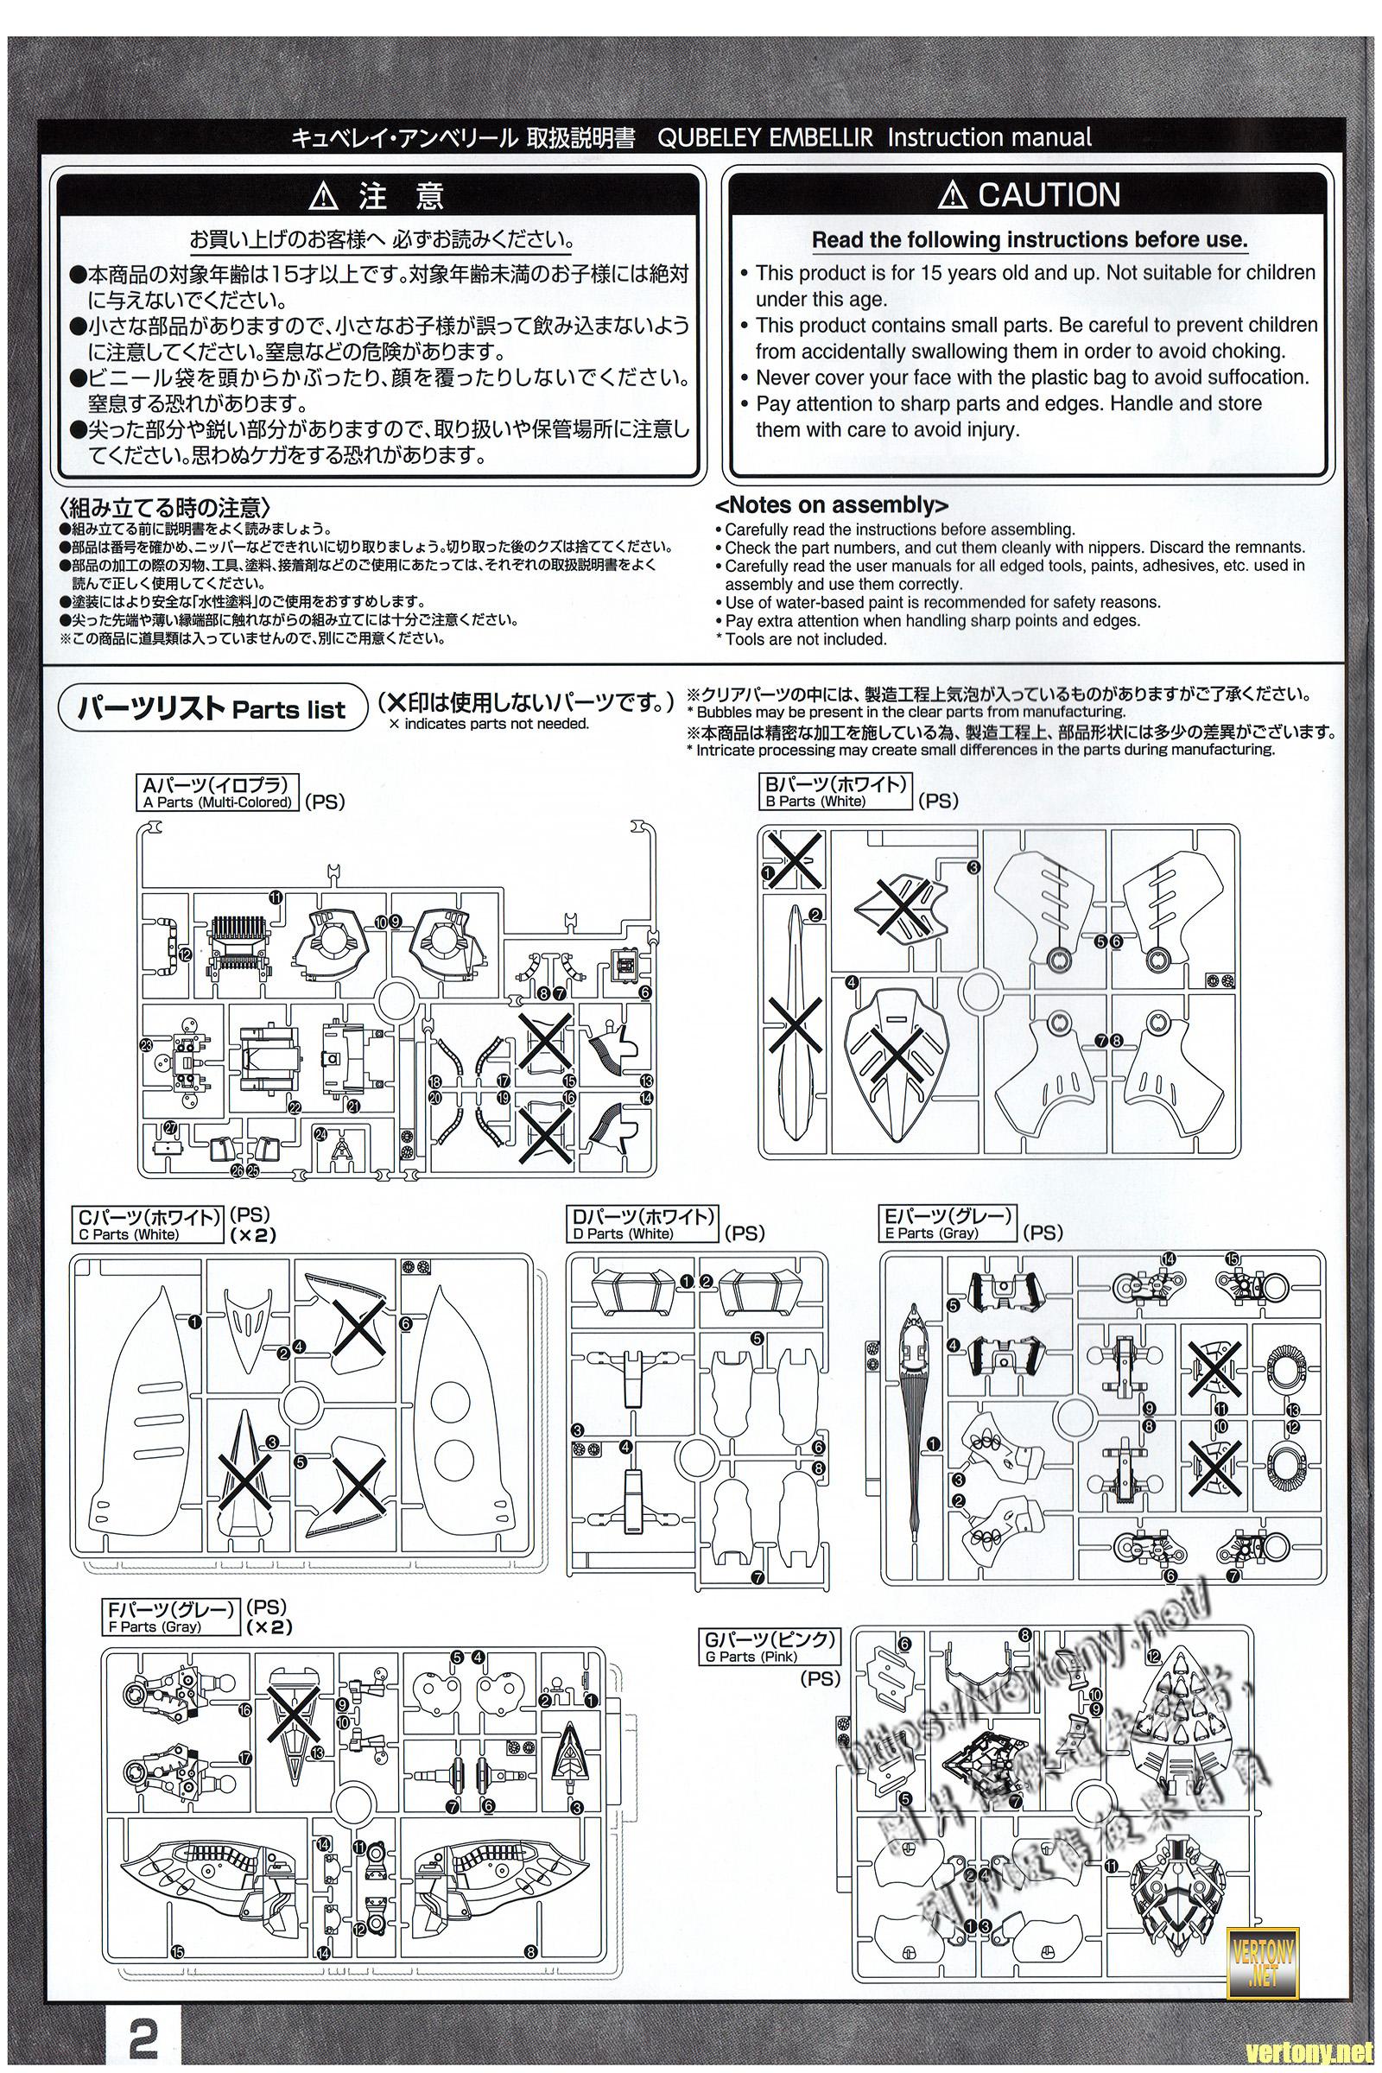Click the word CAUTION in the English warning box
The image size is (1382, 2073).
1048,195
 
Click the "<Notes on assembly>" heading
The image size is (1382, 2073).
831,505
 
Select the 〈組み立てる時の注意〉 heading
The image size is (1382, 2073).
165,509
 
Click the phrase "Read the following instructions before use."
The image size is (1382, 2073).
1029,240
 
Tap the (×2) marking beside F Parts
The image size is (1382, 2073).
269,1627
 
